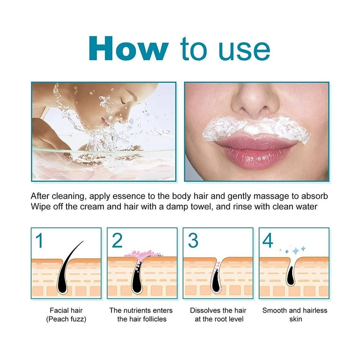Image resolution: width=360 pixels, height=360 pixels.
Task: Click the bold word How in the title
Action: pyautogui.click(x=128, y=48)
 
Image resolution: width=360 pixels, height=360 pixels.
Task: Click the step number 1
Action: pyautogui.click(x=40, y=240)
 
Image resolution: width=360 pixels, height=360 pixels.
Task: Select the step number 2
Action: pyautogui.click(x=117, y=240)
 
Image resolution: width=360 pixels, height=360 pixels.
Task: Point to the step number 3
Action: pyautogui.click(x=193, y=240)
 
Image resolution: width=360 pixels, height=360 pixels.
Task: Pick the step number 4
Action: pyautogui.click(x=268, y=240)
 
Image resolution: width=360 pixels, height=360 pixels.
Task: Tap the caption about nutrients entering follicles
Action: pyautogui.click(x=141, y=315)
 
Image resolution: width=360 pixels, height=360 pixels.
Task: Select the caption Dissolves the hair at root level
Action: pyautogui.click(x=218, y=315)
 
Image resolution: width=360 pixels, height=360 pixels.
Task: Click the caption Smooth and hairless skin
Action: pyautogui.click(x=295, y=315)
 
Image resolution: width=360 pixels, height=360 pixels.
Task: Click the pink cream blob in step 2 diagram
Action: pyautogui.click(x=142, y=255)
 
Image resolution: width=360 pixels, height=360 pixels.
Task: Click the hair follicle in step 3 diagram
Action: pyautogui.click(x=216, y=279)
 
